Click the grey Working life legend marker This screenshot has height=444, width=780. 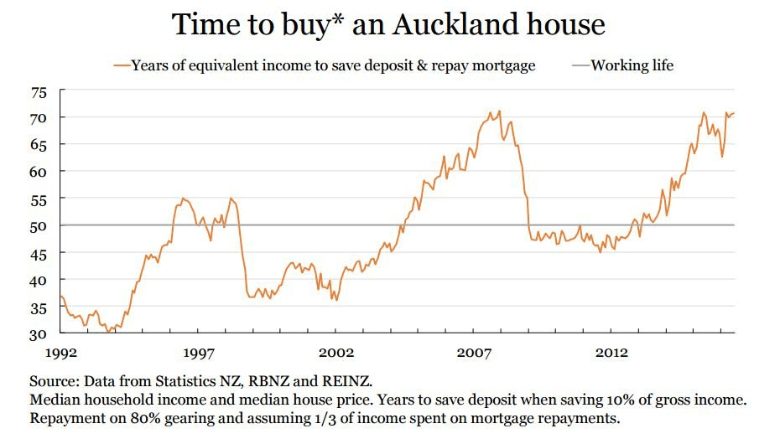click(581, 65)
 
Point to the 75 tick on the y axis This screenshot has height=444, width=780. click(40, 92)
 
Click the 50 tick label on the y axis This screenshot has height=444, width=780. click(40, 225)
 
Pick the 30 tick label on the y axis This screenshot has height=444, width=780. click(40, 333)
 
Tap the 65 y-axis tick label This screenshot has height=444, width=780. click(40, 145)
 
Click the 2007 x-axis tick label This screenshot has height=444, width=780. click(474, 352)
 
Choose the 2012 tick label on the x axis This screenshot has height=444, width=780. click(612, 352)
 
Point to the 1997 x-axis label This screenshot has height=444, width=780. click(198, 352)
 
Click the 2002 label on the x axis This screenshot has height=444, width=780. click(336, 352)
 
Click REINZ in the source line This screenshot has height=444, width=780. click(347, 381)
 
